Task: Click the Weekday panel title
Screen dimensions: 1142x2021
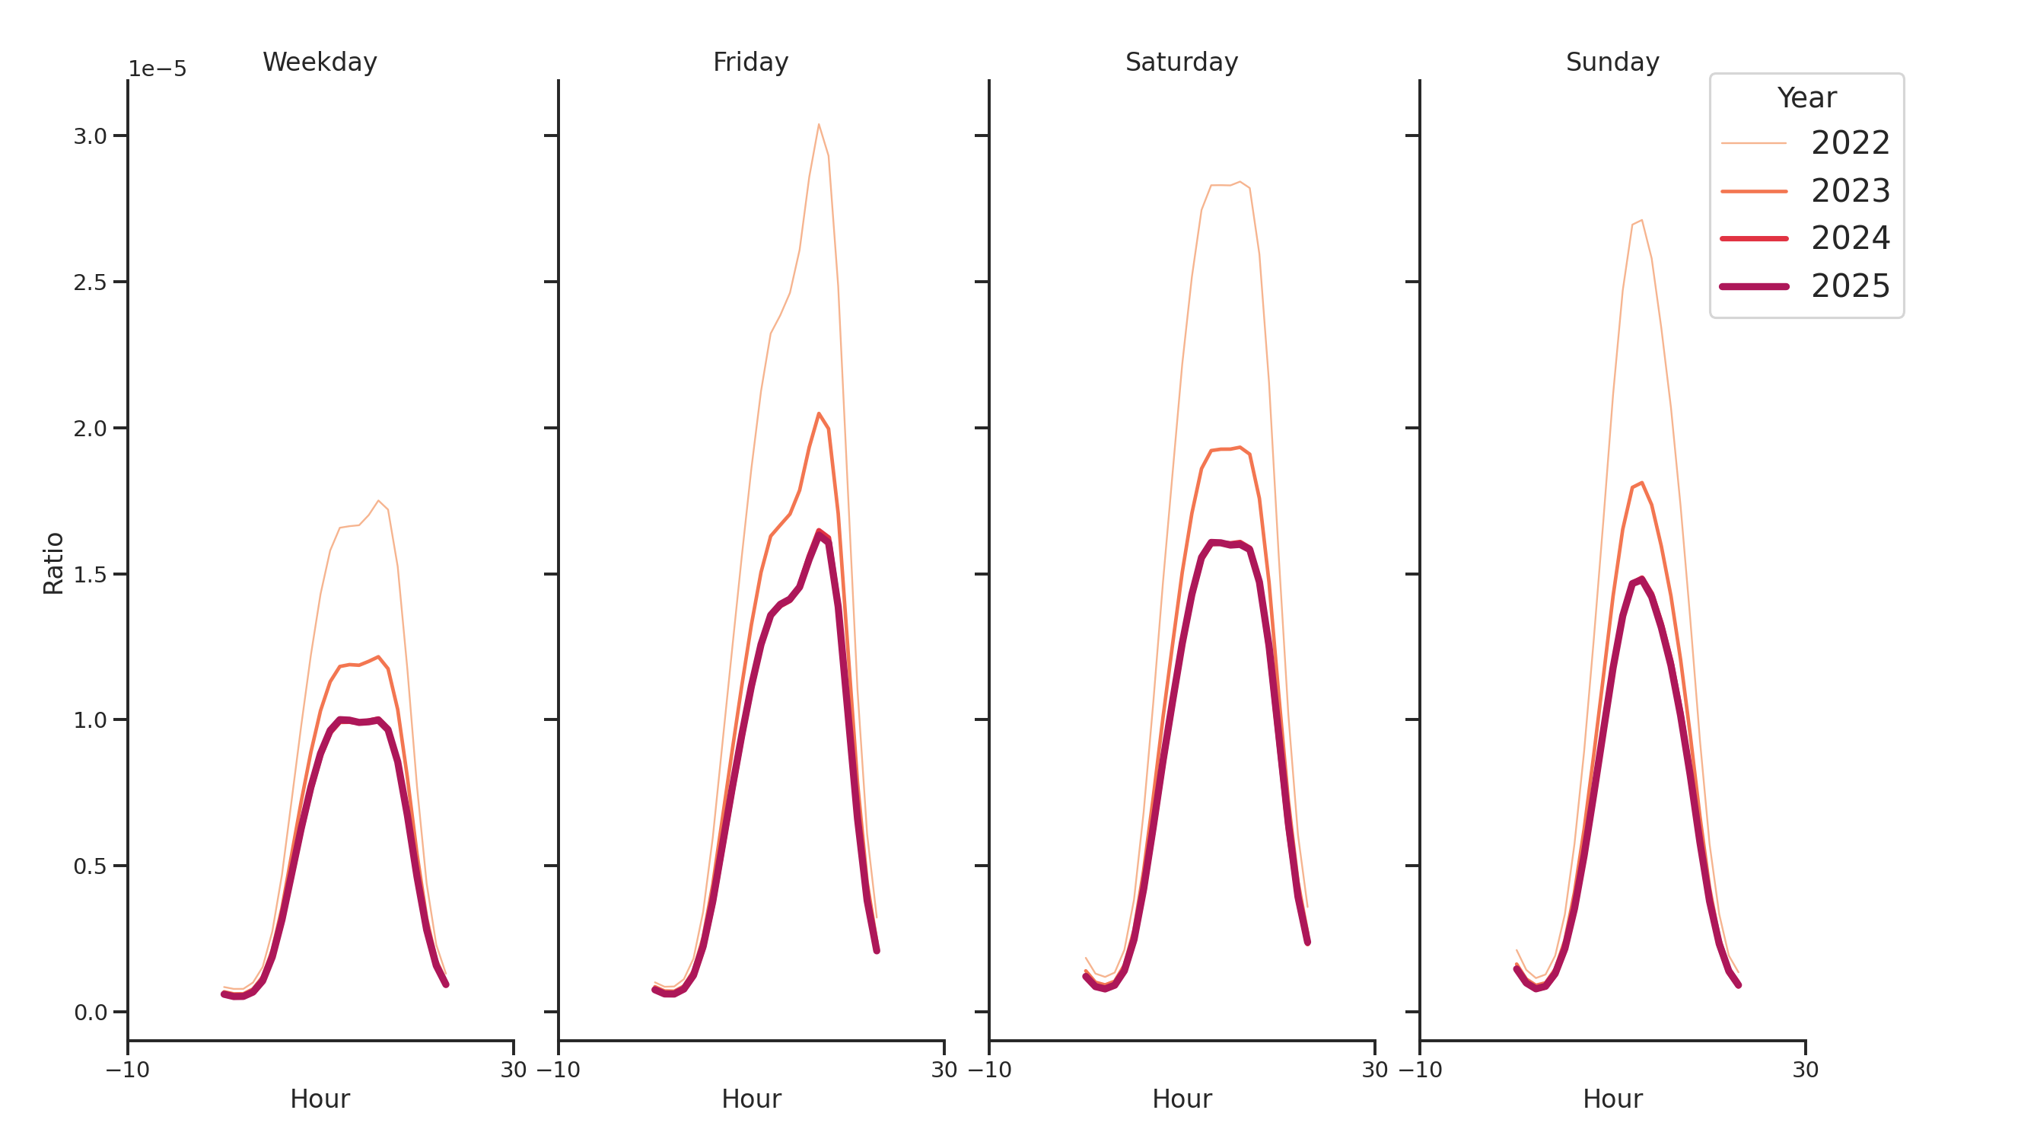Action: point(320,62)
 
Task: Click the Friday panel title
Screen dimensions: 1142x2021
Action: point(750,62)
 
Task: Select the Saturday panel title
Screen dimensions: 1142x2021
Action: point(1181,62)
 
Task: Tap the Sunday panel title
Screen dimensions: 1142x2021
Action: point(1612,62)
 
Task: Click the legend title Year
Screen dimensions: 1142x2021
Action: point(1806,98)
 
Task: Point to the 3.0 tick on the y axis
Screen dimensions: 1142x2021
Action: point(91,136)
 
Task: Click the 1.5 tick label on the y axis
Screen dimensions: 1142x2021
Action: point(91,575)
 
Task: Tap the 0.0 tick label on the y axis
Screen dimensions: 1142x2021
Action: point(91,1013)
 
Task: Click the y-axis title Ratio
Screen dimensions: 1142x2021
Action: point(53,563)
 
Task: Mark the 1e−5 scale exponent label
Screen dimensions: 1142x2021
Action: point(158,69)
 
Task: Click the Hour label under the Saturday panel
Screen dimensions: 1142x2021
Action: point(1181,1099)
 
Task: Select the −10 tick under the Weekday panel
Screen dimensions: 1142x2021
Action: point(128,1070)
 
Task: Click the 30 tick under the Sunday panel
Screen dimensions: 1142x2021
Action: point(1805,1070)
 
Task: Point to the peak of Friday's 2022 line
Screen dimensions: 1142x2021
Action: point(818,124)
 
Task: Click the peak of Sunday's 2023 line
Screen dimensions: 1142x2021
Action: point(1641,483)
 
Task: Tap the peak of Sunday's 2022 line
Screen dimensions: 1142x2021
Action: point(1641,220)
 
